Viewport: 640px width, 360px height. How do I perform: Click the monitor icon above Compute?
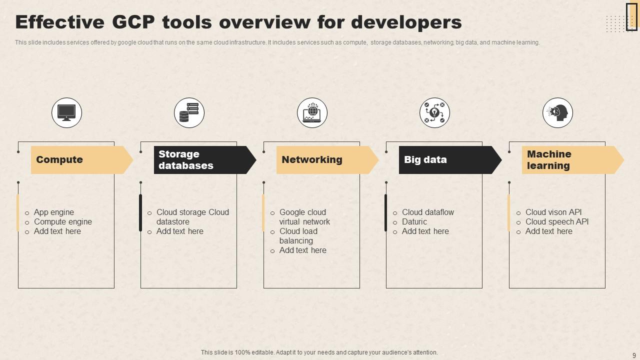(x=66, y=112)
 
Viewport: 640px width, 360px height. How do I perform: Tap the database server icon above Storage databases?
(x=189, y=112)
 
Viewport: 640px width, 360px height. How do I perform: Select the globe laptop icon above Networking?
(x=312, y=112)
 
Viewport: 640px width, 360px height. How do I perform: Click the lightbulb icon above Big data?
(x=434, y=112)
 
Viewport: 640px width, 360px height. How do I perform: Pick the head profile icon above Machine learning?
(x=557, y=112)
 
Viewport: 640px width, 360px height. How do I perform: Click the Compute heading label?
(x=59, y=160)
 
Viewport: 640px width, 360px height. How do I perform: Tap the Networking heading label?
(x=312, y=160)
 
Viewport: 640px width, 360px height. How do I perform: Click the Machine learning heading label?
(x=549, y=160)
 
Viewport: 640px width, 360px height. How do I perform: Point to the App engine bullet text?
(x=54, y=212)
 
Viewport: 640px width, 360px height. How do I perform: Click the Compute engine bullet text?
(x=63, y=222)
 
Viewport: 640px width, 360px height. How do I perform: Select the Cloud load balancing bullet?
(x=298, y=236)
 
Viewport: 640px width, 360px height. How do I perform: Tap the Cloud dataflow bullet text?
(x=428, y=212)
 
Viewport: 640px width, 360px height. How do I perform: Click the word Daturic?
(x=414, y=222)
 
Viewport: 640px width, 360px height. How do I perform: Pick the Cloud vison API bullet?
(x=553, y=212)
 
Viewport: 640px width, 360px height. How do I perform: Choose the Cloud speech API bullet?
(x=557, y=222)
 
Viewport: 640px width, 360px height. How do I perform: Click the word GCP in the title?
(x=133, y=22)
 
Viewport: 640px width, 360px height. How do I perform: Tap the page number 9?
(x=634, y=355)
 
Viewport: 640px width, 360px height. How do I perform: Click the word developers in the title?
(x=406, y=22)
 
